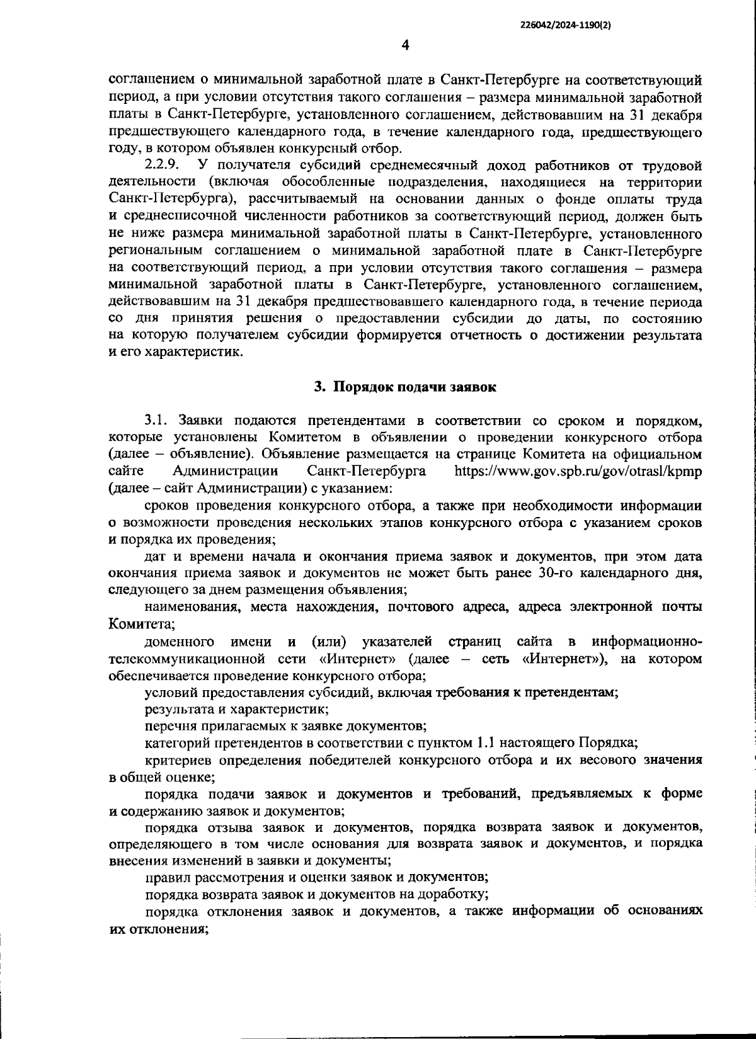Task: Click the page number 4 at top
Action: (x=405, y=45)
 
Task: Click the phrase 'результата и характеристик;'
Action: (x=236, y=709)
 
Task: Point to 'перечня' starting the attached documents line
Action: (x=167, y=726)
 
